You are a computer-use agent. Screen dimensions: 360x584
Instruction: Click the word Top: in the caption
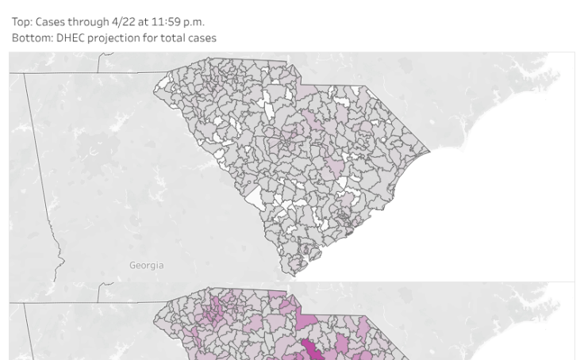[x=21, y=22]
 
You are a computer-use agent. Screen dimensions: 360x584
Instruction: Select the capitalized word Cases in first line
[x=51, y=22]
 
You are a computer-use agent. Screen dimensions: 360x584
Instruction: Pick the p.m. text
[x=194, y=22]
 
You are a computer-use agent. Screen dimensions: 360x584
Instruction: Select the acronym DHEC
[x=71, y=38]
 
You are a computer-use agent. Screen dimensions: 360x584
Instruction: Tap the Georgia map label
[x=147, y=265]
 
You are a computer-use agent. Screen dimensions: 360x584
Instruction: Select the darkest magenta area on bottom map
[x=313, y=350]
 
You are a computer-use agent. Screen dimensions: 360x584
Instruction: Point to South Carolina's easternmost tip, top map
[x=430, y=149]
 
